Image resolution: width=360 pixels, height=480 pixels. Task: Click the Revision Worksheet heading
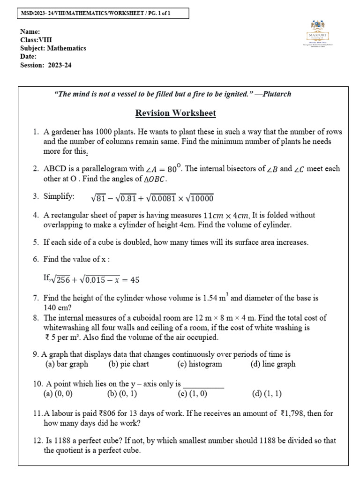[x=175, y=113]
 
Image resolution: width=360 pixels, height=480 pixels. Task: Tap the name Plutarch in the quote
[x=277, y=94]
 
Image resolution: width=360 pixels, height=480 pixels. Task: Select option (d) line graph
[x=273, y=364]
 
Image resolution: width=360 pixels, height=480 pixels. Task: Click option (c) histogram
[x=200, y=364]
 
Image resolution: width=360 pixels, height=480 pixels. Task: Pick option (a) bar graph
[x=67, y=364]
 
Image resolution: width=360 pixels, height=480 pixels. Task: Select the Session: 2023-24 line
[x=46, y=65]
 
